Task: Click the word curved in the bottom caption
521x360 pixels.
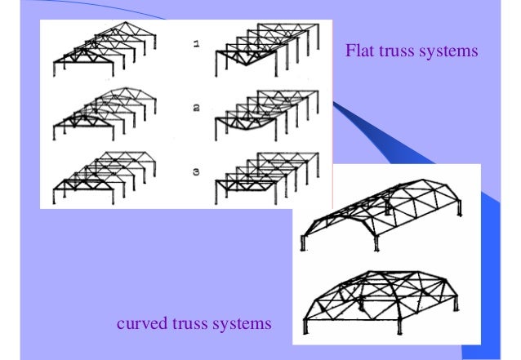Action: (142, 325)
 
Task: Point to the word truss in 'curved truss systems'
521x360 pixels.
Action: (189, 325)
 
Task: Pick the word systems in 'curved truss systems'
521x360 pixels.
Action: (240, 325)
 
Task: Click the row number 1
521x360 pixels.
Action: (196, 46)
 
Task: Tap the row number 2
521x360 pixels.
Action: (196, 106)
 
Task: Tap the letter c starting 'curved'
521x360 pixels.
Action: (122, 326)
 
